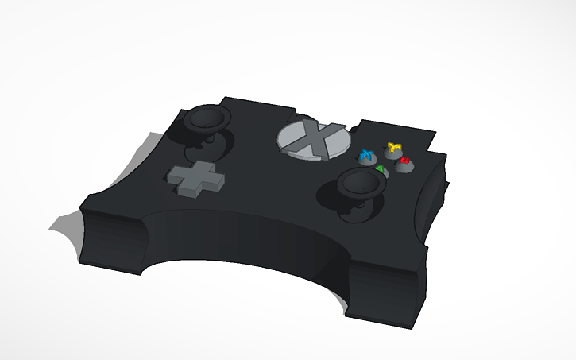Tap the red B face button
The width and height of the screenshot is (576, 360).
pos(404,162)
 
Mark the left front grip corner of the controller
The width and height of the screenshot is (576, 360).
pos(111,238)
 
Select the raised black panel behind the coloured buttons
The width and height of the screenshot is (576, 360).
pos(397,130)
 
